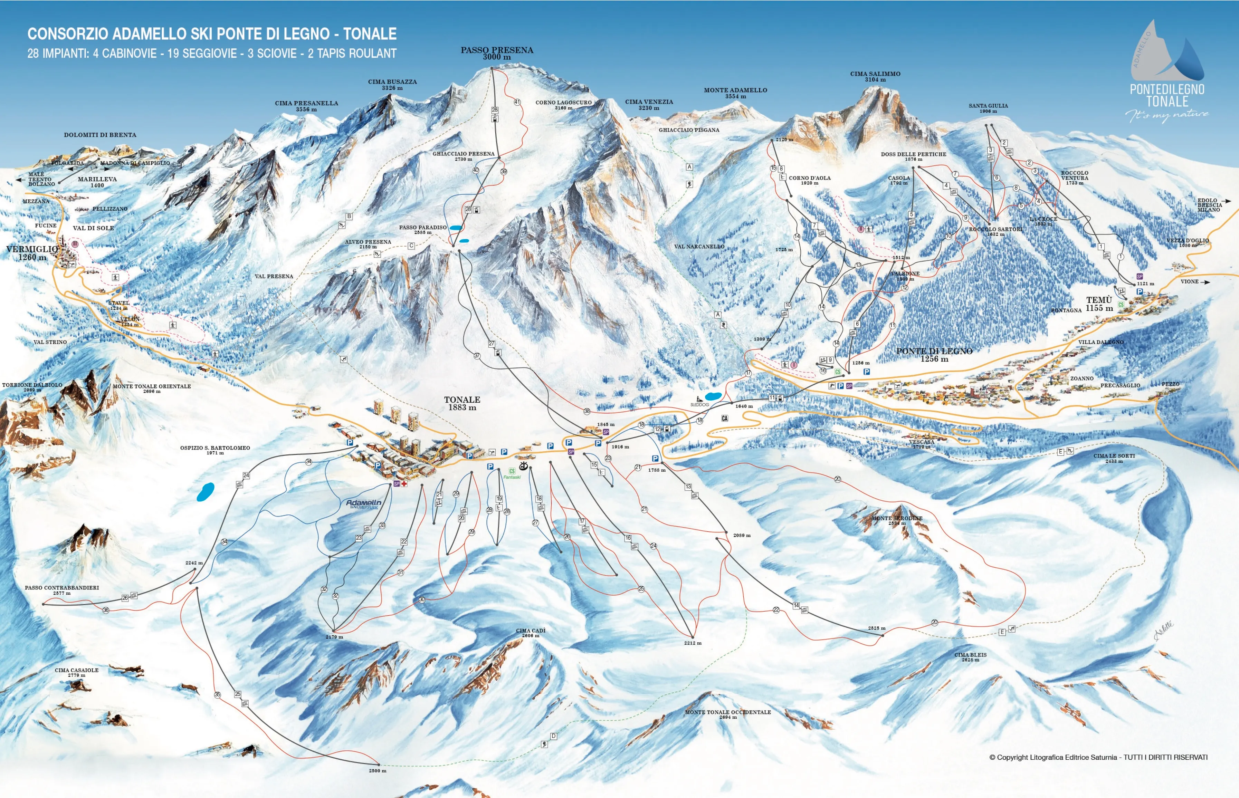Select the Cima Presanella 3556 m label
(306, 106)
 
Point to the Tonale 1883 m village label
(462, 403)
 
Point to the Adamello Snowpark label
(363, 504)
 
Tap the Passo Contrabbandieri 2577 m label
(62, 590)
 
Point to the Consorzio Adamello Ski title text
(211, 34)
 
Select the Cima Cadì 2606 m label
(530, 633)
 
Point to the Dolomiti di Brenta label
(100, 135)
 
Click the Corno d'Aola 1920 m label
(809, 180)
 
